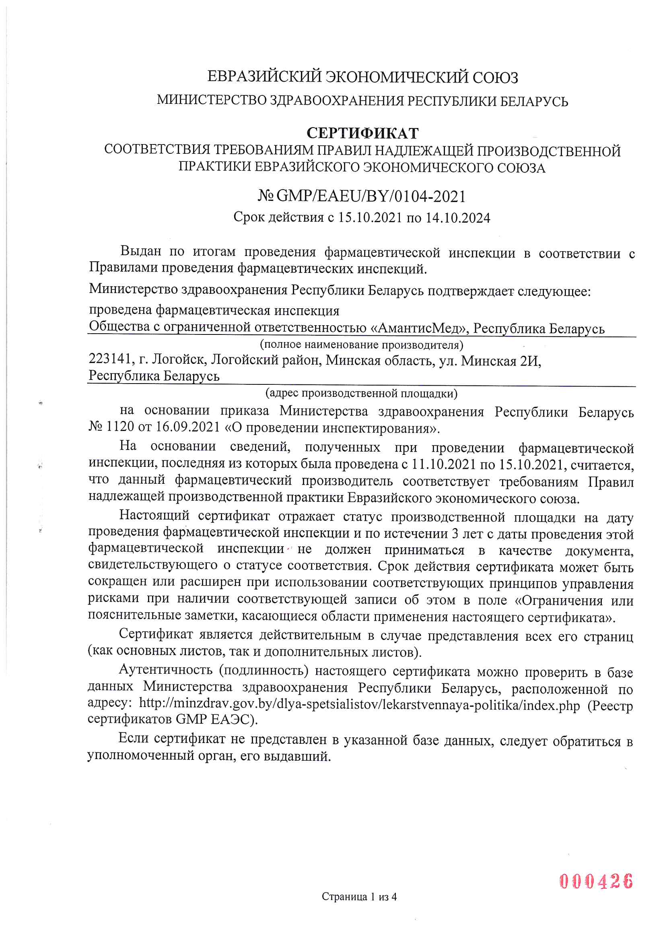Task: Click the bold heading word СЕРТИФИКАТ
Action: pos(362,133)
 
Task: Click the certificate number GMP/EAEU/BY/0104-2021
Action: pos(371,197)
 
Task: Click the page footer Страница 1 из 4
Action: pos(359,908)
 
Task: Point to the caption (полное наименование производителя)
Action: pos(361,345)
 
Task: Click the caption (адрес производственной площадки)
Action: pos(361,394)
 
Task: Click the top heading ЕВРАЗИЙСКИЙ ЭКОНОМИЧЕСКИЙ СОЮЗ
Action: pos(362,77)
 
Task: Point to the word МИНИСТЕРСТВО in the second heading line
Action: pos(212,100)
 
